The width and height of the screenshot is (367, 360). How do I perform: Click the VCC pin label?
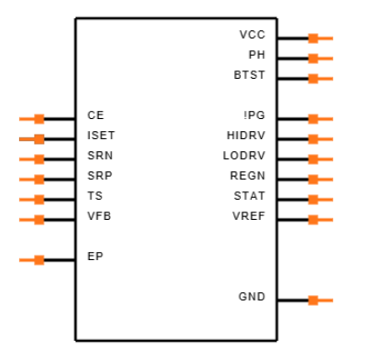tap(253, 35)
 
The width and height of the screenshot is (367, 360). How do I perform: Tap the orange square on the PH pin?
tap(313, 59)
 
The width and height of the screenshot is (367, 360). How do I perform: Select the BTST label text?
tap(249, 75)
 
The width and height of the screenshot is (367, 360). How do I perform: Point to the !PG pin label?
tap(254, 115)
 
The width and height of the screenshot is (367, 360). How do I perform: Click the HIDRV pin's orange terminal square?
tap(313, 139)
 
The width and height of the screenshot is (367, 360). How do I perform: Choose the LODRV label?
tap(244, 156)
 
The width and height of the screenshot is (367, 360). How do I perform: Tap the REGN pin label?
tap(247, 176)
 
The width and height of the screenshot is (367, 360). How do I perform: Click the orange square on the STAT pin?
tap(313, 200)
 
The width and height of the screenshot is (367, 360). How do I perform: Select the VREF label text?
tap(249, 216)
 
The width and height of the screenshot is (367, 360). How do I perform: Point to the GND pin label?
tap(252, 297)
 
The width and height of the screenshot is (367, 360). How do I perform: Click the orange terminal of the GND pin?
tap(313, 300)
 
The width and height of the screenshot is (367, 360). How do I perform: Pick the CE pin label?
tap(95, 115)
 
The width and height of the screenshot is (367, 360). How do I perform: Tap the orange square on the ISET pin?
tap(39, 139)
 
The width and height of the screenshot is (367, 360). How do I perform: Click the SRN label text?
tap(100, 156)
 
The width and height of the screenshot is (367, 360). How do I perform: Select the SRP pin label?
tap(100, 176)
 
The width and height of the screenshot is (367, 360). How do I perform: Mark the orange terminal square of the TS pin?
tap(39, 200)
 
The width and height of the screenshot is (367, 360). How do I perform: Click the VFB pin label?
tap(99, 216)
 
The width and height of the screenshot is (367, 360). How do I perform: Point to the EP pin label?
tap(95, 256)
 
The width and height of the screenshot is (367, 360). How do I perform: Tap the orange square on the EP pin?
tap(39, 260)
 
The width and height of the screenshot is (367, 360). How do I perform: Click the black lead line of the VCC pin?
tap(293, 38)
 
